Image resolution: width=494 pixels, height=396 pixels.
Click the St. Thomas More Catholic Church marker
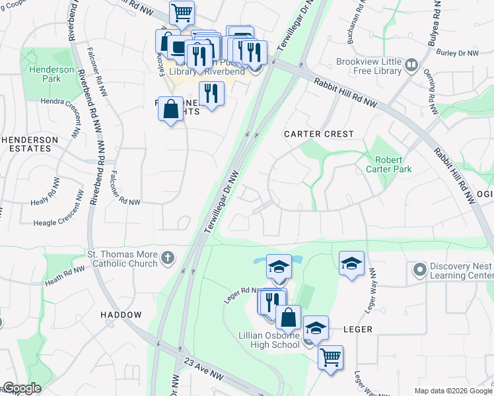(168, 257)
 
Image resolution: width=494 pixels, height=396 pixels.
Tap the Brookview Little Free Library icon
(412, 64)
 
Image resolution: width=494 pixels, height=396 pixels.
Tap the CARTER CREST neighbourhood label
(319, 134)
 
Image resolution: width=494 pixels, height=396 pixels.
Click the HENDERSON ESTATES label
(26, 144)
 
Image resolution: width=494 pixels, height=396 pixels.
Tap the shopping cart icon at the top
(182, 12)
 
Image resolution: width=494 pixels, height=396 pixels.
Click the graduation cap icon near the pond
(279, 267)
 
